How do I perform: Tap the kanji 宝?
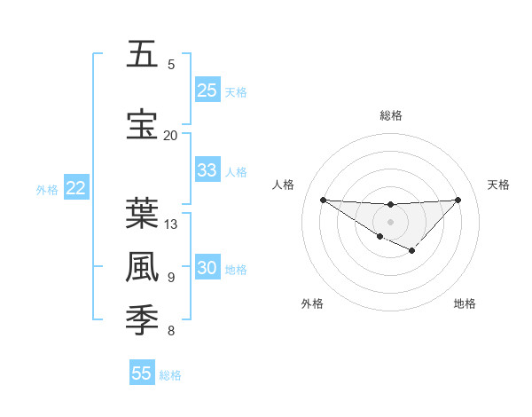pyautogui.click(x=142, y=124)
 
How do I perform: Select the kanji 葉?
pyautogui.click(x=142, y=214)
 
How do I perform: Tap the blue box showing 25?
pyautogui.click(x=207, y=90)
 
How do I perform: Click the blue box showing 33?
pyautogui.click(x=207, y=170)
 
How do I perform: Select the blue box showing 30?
pyautogui.click(x=207, y=269)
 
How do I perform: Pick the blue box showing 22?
pyautogui.click(x=76, y=188)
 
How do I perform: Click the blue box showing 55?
pyautogui.click(x=142, y=374)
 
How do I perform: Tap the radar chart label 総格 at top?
pyautogui.click(x=390, y=115)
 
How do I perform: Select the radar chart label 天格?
pyautogui.click(x=498, y=185)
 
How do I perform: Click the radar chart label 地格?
pyautogui.click(x=465, y=303)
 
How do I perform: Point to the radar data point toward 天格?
pyautogui.click(x=458, y=200)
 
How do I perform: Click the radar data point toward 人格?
pyautogui.click(x=323, y=200)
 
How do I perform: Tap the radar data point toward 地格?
pyautogui.click(x=411, y=251)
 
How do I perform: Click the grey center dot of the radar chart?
pyautogui.click(x=390, y=221)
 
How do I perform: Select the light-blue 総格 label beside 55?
pyautogui.click(x=170, y=375)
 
